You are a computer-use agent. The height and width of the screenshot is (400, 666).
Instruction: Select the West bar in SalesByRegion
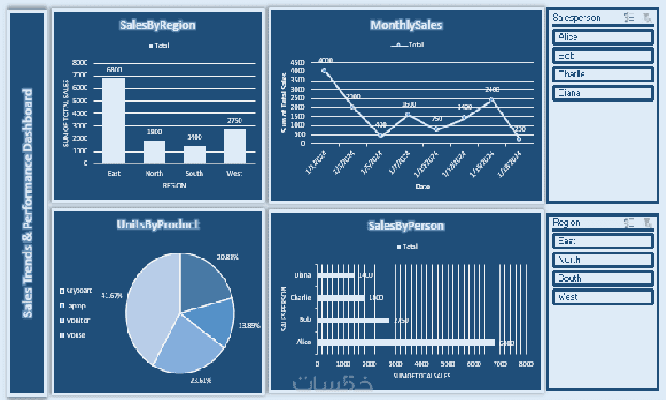(235, 146)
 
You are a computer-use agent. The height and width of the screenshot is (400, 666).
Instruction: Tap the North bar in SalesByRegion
(154, 152)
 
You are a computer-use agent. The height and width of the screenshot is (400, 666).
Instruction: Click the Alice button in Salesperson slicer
(602, 37)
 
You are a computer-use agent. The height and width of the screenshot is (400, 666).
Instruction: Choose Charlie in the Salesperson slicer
(602, 74)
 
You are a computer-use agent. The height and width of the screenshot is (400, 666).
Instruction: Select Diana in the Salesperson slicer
(602, 92)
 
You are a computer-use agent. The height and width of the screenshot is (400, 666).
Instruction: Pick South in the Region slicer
(602, 278)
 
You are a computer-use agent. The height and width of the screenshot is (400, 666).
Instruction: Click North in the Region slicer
(602, 259)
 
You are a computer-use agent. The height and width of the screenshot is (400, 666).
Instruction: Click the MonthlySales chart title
(406, 26)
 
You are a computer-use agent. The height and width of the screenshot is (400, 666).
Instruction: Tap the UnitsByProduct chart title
(158, 224)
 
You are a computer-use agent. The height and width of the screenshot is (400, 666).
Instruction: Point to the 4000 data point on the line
(324, 71)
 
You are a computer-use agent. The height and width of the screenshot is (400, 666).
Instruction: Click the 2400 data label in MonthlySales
(492, 89)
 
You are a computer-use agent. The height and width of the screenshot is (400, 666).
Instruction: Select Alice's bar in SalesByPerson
(406, 342)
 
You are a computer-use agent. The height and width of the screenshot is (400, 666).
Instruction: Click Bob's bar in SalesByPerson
(353, 319)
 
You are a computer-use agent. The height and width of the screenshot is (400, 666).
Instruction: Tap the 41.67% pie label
(112, 295)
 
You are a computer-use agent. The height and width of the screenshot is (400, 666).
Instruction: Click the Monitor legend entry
(77, 320)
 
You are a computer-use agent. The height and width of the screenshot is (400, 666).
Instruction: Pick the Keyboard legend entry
(77, 290)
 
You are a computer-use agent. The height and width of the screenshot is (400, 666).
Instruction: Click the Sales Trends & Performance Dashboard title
(27, 202)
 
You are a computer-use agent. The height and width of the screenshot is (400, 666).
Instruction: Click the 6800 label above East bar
(114, 70)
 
